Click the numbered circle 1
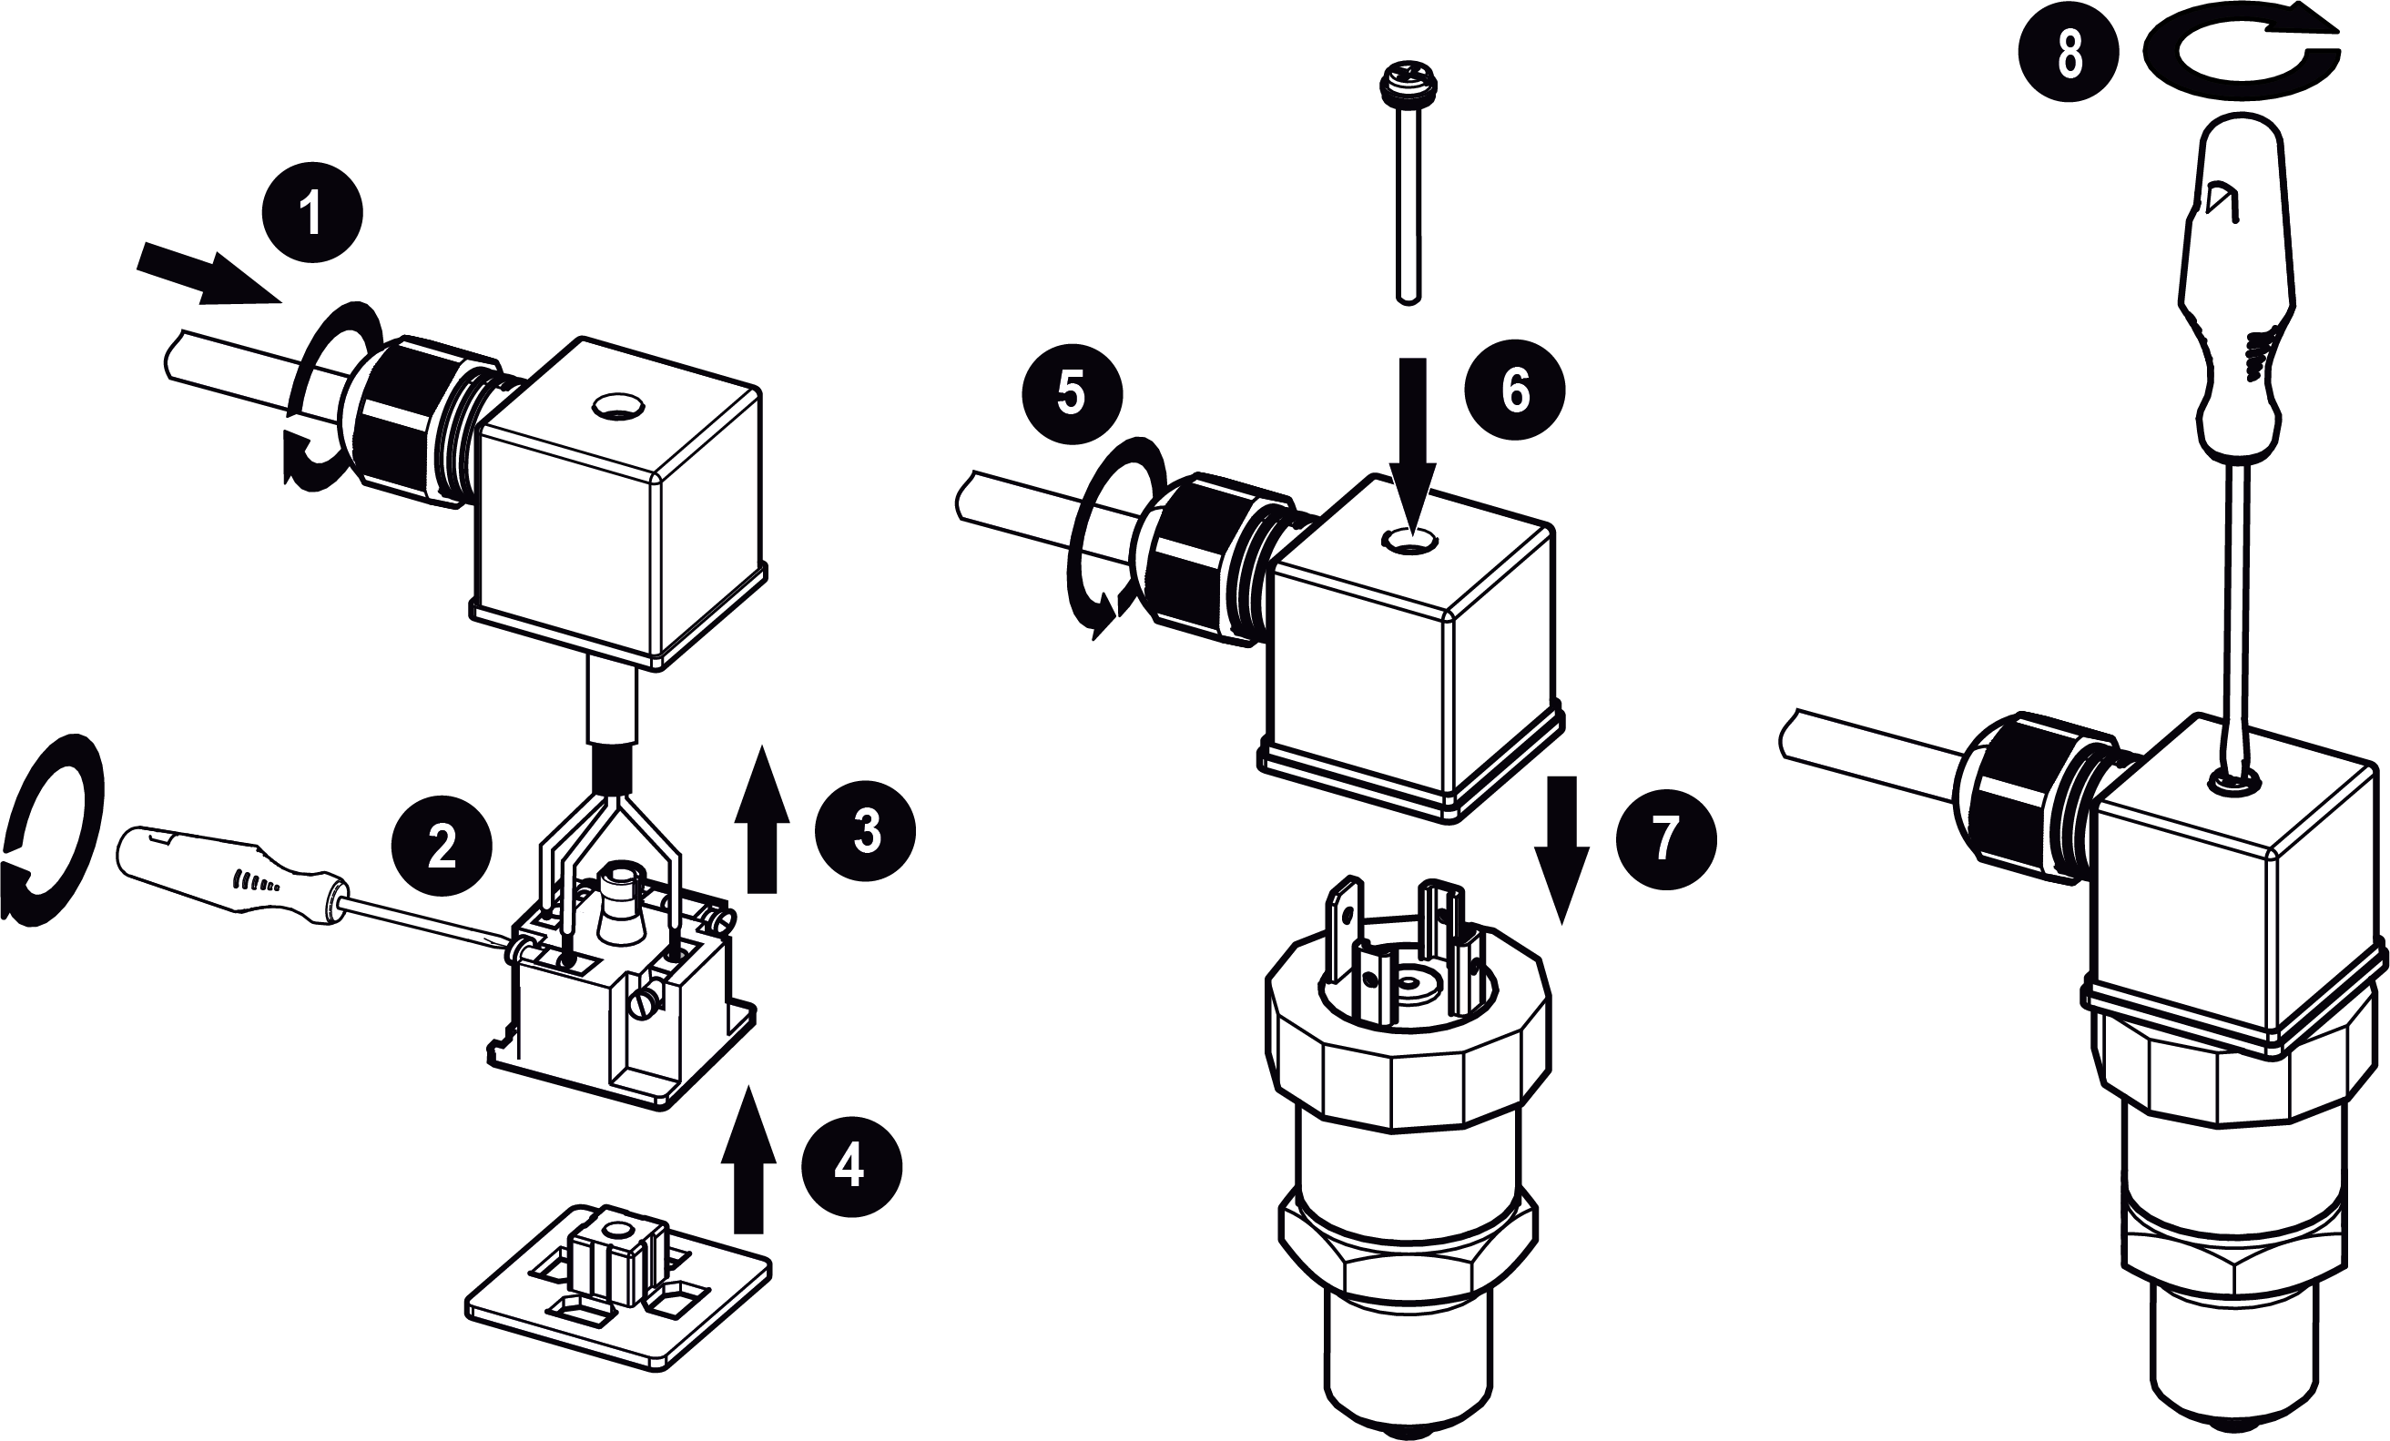(x=311, y=213)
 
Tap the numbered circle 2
(x=442, y=847)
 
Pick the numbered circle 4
(x=850, y=1167)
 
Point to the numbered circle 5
(x=1072, y=395)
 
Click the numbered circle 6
(x=1515, y=390)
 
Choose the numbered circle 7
(x=1665, y=838)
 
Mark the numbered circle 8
(x=2069, y=56)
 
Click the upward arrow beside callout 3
(x=762, y=819)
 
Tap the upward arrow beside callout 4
(x=748, y=1159)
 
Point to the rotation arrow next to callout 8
(x=2241, y=58)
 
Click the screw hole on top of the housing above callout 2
(x=617, y=404)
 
